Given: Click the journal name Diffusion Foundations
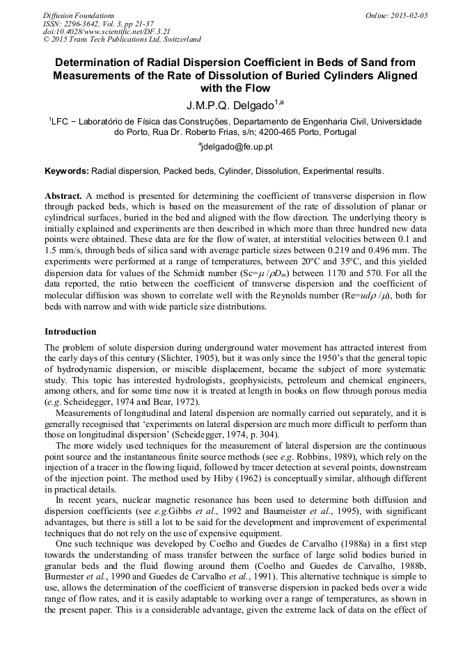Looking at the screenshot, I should click(78, 15).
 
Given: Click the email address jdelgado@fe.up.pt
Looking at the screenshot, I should click(236, 147).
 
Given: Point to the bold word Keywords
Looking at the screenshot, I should click(66, 170).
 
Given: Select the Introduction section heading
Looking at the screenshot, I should click(70, 332).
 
